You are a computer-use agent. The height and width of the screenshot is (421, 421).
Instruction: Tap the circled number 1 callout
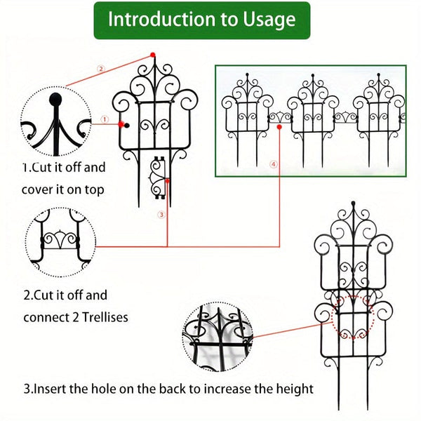pyautogui.click(x=104, y=120)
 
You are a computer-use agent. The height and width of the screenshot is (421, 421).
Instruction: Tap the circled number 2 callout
pyautogui.click(x=100, y=69)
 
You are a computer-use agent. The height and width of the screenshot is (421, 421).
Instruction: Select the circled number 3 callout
pyautogui.click(x=161, y=214)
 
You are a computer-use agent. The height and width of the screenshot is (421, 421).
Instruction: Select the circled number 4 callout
pyautogui.click(x=273, y=164)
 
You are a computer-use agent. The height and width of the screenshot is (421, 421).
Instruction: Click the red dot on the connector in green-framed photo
pyautogui.click(x=280, y=128)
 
